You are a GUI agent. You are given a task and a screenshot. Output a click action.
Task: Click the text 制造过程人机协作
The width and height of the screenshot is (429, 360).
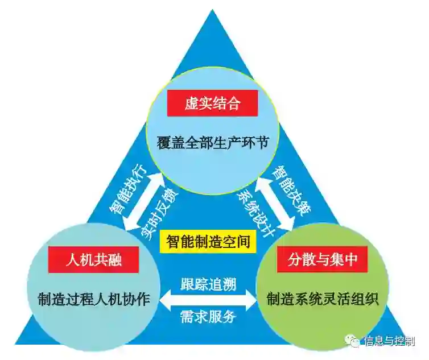[x=94, y=298]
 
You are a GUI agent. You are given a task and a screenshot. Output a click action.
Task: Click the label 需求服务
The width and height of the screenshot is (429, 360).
[x=208, y=316]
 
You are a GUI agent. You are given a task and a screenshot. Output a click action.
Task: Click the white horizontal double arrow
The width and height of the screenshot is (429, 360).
[x=208, y=299]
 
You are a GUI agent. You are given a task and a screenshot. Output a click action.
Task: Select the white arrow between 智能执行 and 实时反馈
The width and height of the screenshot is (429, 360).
[x=143, y=200]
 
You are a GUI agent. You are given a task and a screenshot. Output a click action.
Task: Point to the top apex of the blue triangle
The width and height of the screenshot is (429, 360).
[x=214, y=11]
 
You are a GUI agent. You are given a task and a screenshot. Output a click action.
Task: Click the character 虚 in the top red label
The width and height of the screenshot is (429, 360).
[x=191, y=104]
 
